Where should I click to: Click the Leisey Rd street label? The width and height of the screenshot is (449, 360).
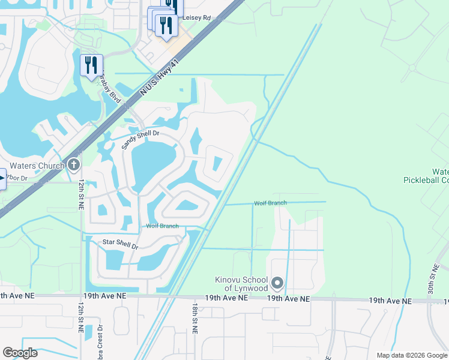coord(196,18)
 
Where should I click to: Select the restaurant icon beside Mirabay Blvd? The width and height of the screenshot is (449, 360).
coord(91,65)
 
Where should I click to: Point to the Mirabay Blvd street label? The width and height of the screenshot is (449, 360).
coord(110,88)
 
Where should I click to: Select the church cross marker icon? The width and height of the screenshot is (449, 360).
coord(74,164)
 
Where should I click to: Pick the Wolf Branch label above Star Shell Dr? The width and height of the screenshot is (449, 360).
coord(162,226)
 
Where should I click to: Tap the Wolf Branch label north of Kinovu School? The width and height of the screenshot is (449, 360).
coord(270,203)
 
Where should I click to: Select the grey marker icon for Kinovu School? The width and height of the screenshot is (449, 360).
coord(277,282)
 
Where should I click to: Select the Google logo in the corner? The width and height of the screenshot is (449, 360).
coord(20,352)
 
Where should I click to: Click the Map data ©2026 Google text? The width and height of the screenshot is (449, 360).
coord(411,355)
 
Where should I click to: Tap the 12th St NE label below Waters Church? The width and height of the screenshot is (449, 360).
coord(80,193)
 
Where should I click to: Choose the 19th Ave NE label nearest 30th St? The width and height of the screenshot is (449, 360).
coord(390,301)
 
